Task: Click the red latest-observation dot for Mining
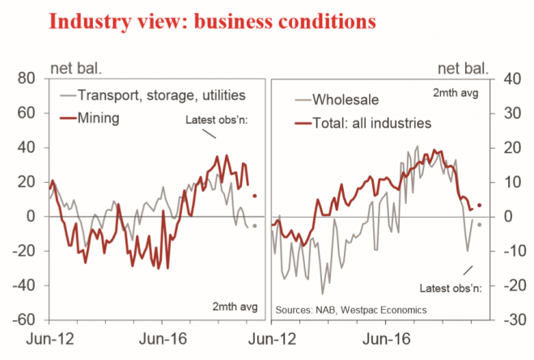point(255,196)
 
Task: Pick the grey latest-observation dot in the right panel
point(480,225)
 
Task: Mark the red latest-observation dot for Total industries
point(480,205)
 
